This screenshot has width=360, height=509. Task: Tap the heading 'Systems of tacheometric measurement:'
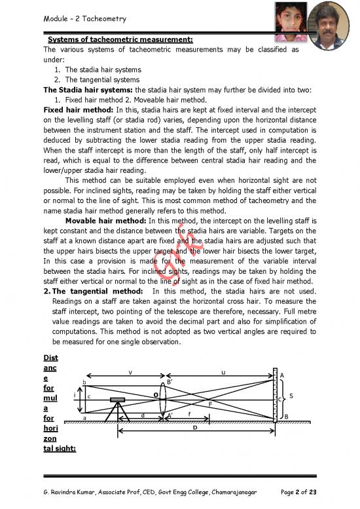(x=120, y=39)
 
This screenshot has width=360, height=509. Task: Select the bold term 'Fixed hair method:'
(x=73, y=109)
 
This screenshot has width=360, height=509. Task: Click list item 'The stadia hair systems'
(x=102, y=69)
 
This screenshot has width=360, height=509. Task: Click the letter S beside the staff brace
(x=291, y=395)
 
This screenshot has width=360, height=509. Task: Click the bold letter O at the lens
(x=155, y=394)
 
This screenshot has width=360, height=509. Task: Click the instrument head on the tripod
(x=118, y=399)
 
